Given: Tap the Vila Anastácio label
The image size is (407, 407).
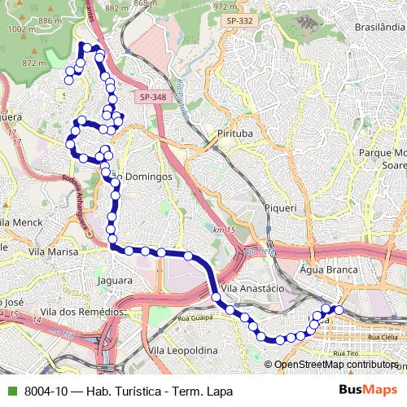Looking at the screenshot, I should pyautogui.click(x=252, y=289).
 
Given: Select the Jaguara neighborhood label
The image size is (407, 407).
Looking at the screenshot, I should pyautogui.click(x=114, y=281).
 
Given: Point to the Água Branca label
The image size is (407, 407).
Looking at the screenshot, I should pyautogui.click(x=329, y=269).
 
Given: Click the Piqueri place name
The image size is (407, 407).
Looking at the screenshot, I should pyautogui.click(x=280, y=208).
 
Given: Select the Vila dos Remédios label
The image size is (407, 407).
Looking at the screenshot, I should pyautogui.click(x=85, y=312).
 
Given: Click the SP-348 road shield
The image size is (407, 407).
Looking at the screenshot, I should pyautogui.click(x=151, y=97).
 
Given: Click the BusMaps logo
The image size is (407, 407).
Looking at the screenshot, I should pyautogui.click(x=367, y=391).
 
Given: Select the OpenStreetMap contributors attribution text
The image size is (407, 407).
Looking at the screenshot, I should pyautogui.click(x=335, y=365).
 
